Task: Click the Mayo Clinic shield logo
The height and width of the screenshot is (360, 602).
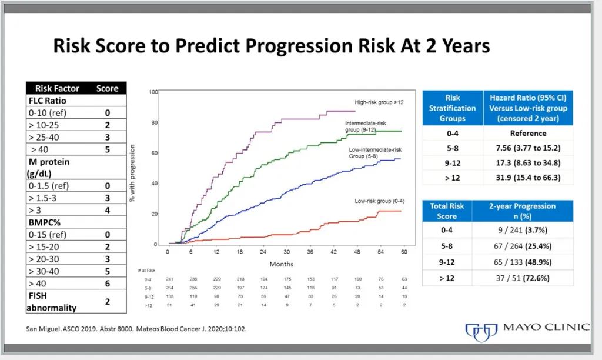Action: [x=481, y=332]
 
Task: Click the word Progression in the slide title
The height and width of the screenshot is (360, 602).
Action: [x=298, y=46]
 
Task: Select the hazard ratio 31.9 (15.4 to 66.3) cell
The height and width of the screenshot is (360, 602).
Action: [x=528, y=178]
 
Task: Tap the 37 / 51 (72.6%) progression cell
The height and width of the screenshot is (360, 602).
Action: [x=522, y=278]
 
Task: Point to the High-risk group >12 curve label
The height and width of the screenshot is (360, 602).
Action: [x=379, y=102]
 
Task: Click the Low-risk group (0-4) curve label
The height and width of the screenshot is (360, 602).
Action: [x=379, y=201]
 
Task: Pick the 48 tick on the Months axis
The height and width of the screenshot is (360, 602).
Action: [x=357, y=252]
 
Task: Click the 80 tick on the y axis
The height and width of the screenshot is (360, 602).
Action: [x=155, y=122]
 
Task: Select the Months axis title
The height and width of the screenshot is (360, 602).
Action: [x=282, y=264]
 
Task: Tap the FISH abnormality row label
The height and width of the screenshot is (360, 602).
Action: [x=52, y=302]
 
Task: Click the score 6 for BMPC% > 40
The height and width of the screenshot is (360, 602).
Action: [x=108, y=284]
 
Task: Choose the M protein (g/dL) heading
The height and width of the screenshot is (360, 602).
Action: [x=49, y=168]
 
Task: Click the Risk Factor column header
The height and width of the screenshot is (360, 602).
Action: [x=57, y=88]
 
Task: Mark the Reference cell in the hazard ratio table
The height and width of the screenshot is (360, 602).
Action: [x=528, y=134]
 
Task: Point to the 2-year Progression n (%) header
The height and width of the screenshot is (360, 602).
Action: [x=522, y=211]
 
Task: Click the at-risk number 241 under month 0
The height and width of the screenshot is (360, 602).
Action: [x=169, y=279]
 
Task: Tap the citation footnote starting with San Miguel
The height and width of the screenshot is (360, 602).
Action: [x=136, y=329]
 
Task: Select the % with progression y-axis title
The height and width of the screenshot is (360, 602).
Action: [x=132, y=173]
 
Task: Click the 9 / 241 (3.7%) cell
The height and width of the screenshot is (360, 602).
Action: [x=522, y=230]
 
